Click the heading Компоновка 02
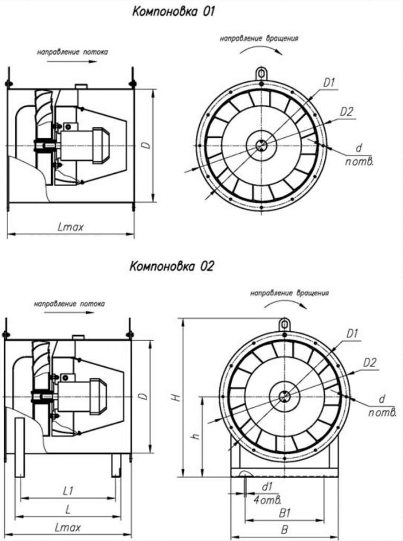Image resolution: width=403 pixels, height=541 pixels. [172, 266]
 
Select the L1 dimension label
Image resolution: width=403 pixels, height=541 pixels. [68, 491]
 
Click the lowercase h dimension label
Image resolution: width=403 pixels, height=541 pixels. [195, 436]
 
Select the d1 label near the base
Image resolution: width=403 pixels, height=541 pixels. [267, 486]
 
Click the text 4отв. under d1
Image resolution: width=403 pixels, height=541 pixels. [267, 499]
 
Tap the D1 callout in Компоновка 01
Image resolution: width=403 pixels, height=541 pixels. [330, 82]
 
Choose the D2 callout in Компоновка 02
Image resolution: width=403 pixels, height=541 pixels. [370, 362]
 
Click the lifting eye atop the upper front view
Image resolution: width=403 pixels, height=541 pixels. [261, 73]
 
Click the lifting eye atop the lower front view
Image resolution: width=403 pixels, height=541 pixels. [285, 323]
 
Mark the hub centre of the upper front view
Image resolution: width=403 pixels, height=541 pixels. [261, 145]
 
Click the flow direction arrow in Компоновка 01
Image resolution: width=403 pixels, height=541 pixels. [72, 61]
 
